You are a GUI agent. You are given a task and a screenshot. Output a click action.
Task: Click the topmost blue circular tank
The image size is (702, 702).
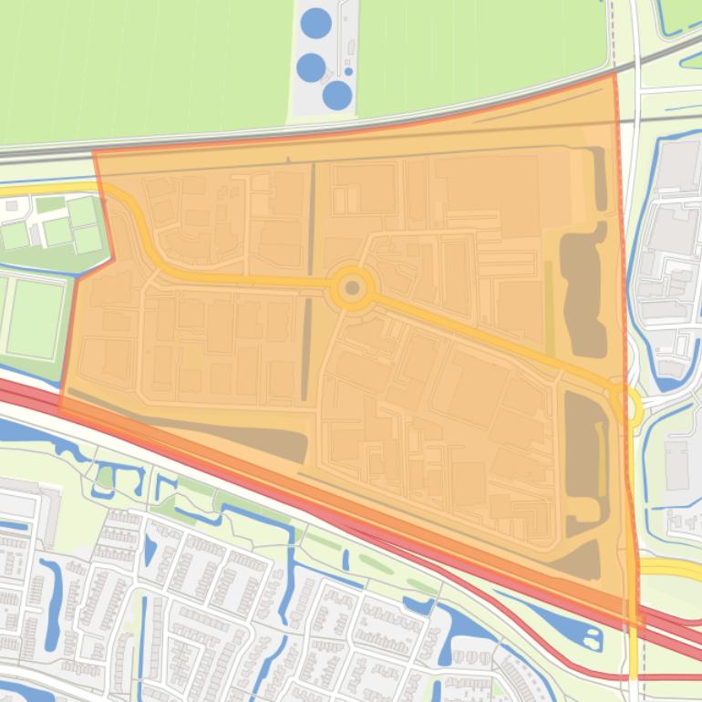coord(315,23)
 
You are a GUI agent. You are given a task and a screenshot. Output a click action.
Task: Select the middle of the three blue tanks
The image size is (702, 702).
coord(311,67)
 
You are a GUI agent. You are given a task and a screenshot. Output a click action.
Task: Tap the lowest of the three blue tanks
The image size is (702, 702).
coord(337,95)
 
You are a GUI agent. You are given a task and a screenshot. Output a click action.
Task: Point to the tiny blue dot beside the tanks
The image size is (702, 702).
coord(348,71)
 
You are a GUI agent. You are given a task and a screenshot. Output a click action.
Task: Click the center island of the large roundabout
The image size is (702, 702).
coord(353,288)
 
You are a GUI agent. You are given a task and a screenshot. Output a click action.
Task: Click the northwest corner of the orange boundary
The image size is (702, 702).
coord(94,153)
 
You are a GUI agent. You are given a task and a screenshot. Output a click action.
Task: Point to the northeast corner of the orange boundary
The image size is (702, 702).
coord(613,75)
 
